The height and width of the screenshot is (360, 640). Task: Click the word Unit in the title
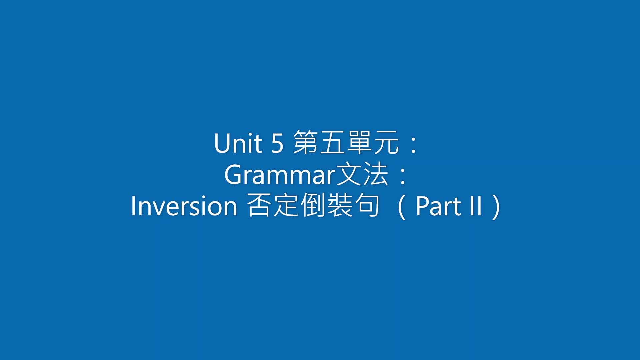(238, 143)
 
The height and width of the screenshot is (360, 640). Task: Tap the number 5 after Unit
(277, 143)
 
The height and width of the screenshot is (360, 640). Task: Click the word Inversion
(184, 206)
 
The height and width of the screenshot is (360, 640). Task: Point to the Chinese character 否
(260, 205)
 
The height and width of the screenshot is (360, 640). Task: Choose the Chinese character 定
(286, 205)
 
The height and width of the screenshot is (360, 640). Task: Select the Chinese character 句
(367, 205)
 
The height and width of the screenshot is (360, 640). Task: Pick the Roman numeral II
(476, 206)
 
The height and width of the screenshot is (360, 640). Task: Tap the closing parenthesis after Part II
(496, 207)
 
